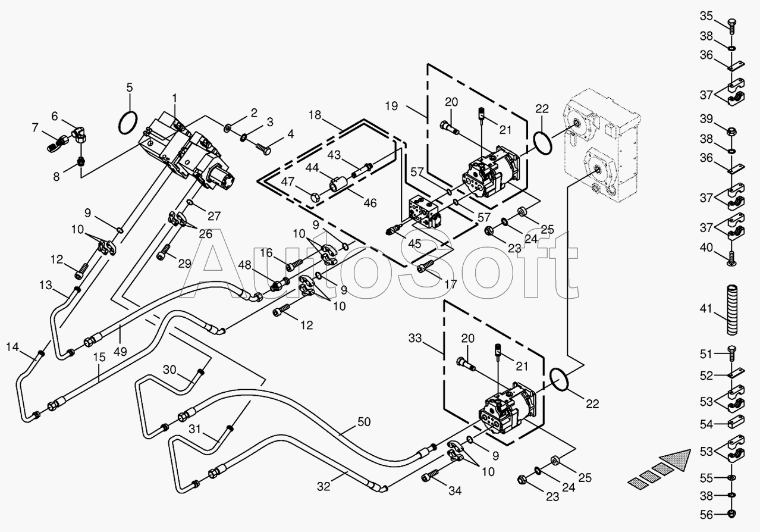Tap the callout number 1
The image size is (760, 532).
click(174, 98)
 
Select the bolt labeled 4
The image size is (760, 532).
click(263, 149)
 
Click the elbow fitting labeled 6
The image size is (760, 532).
click(80, 134)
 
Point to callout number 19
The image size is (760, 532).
click(391, 106)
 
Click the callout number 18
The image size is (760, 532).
click(315, 115)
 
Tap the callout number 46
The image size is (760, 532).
click(370, 203)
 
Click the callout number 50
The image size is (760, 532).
click(364, 422)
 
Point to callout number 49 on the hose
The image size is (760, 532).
click(120, 351)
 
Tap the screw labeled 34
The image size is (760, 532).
click(430, 475)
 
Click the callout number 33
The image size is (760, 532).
click(415, 338)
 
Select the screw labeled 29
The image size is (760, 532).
click(164, 252)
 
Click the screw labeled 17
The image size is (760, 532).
click(425, 265)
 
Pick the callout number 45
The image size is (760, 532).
click(414, 243)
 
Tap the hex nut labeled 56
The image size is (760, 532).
click(731, 514)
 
